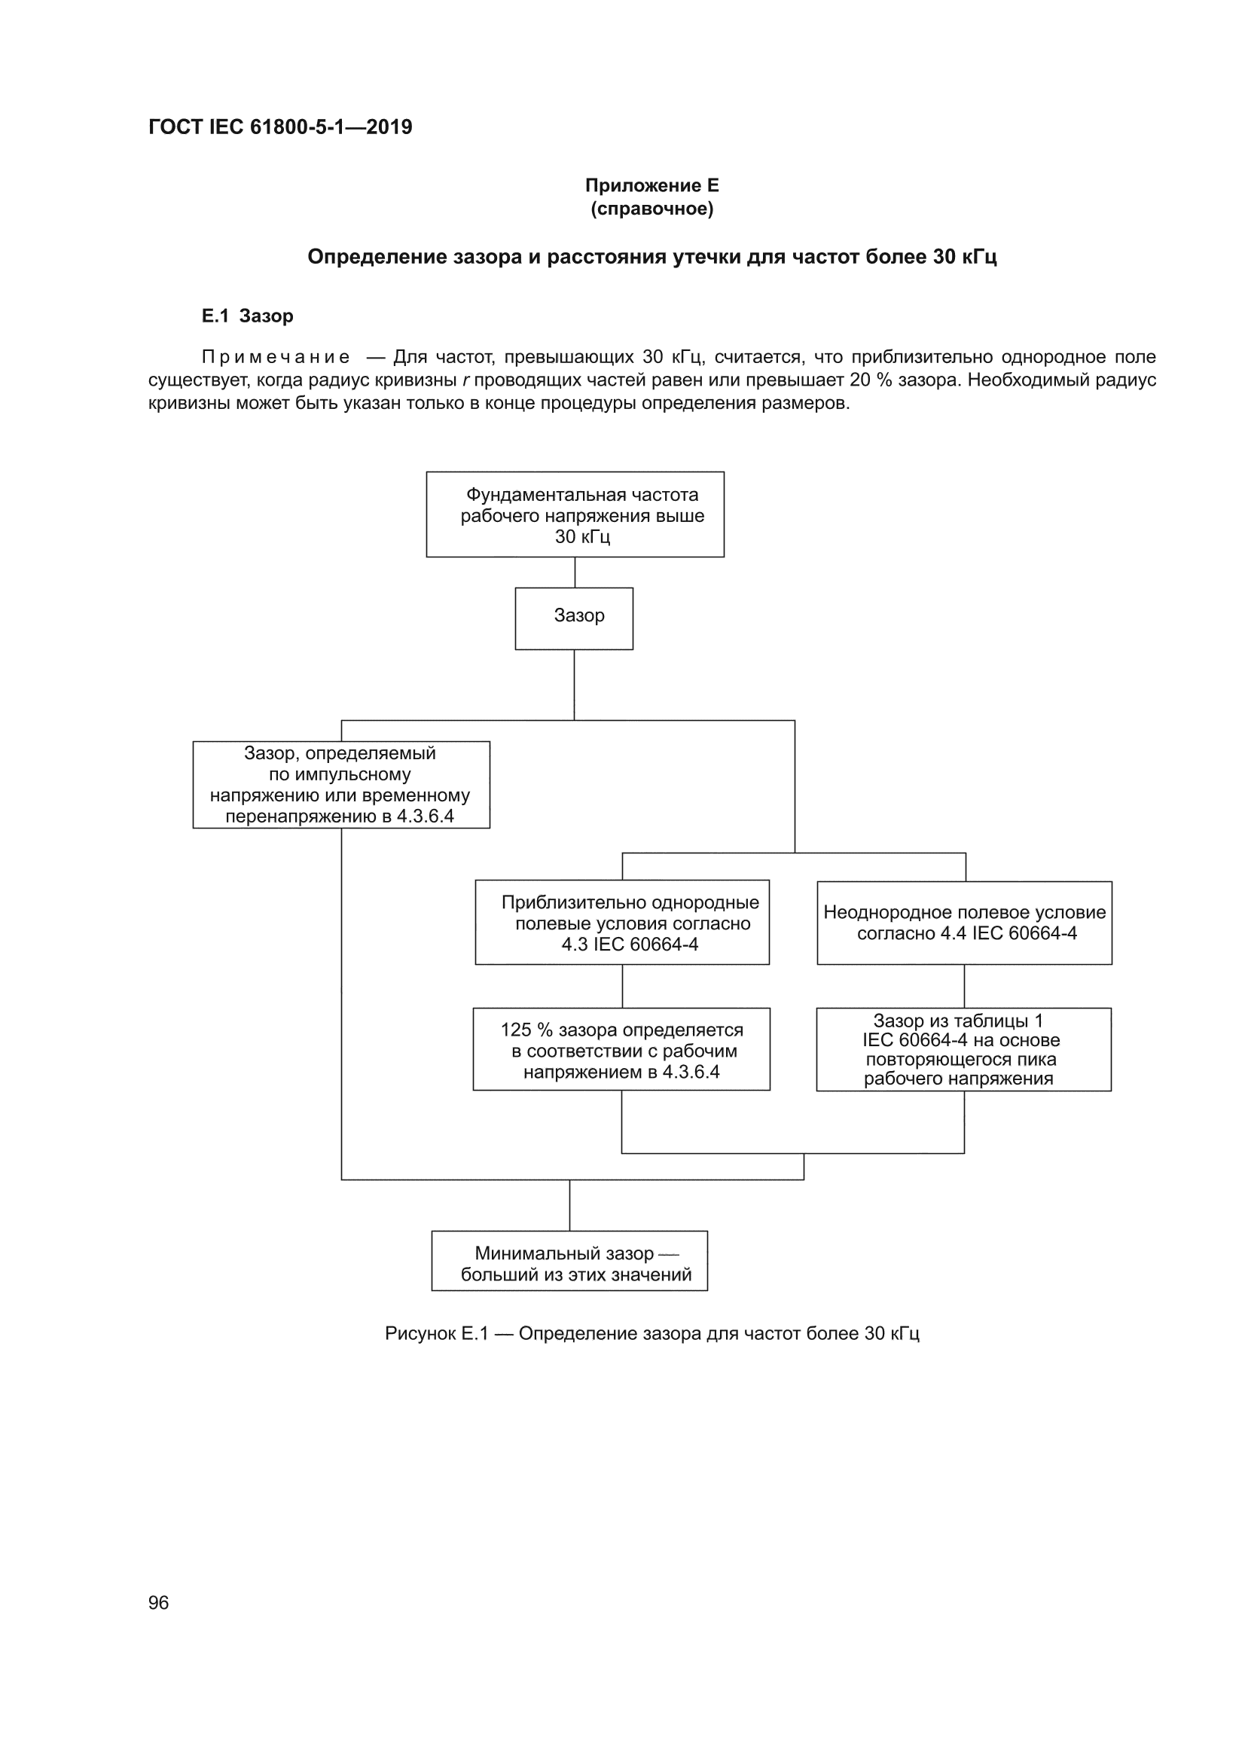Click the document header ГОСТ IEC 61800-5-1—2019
coord(280,127)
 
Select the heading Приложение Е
coord(652,185)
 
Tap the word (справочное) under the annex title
coord(652,209)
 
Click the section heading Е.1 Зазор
coord(247,316)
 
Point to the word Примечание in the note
coord(276,358)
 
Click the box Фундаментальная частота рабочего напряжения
coord(575,514)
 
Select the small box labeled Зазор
coord(574,619)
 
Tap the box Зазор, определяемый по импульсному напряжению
coord(341,785)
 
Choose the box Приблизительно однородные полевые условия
coord(622,922)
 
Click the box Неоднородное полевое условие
coord(964,923)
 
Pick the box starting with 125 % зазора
coord(621,1049)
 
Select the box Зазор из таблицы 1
coord(963,1049)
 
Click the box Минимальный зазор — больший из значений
coord(569,1261)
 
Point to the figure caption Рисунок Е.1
coord(652,1334)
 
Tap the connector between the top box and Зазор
coord(575,573)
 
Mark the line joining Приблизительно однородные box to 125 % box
coord(622,987)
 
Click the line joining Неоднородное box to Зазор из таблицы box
coord(964,987)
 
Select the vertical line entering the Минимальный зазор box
coord(570,1205)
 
